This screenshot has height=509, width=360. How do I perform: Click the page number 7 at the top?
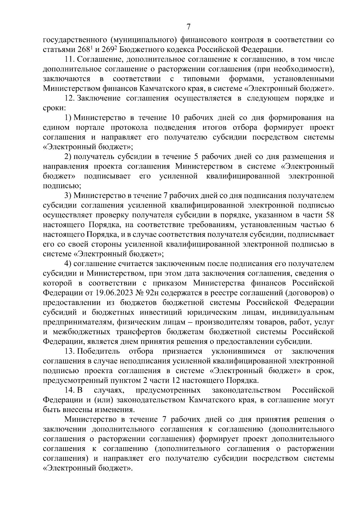pos(188,27)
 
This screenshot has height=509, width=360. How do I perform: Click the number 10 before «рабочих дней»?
pos(176,118)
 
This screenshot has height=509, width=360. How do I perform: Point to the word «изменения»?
pos(114,410)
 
